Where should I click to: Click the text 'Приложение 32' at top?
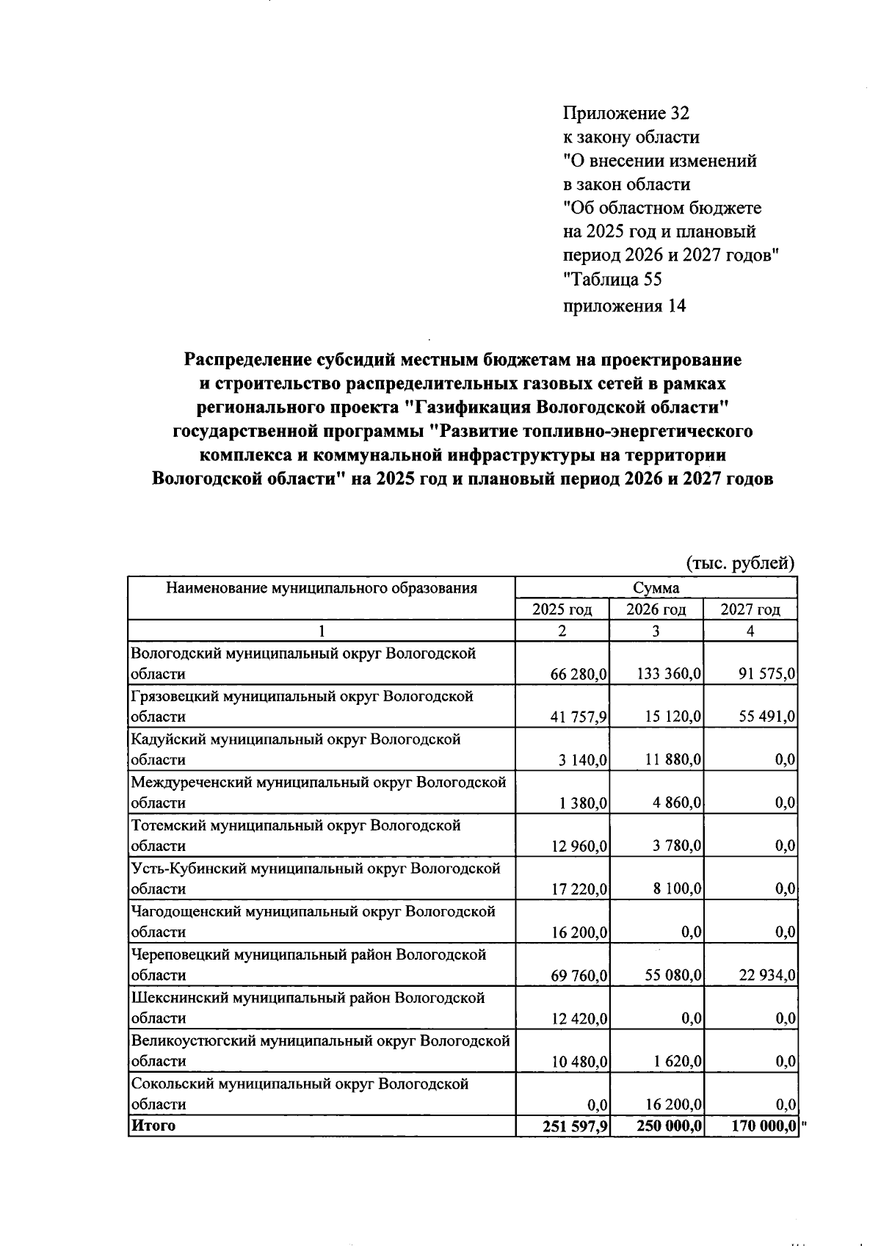click(626, 113)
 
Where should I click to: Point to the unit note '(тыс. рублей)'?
click(740, 563)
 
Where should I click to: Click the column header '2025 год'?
click(562, 609)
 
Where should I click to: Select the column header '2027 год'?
click(750, 609)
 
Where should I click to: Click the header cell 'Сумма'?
click(656, 588)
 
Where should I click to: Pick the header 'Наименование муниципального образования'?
click(321, 588)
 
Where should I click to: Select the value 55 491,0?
click(767, 717)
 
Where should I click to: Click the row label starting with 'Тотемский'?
click(295, 826)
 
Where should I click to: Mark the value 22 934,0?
click(767, 976)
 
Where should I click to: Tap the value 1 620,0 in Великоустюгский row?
click(676, 1062)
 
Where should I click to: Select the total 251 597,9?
click(575, 1126)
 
